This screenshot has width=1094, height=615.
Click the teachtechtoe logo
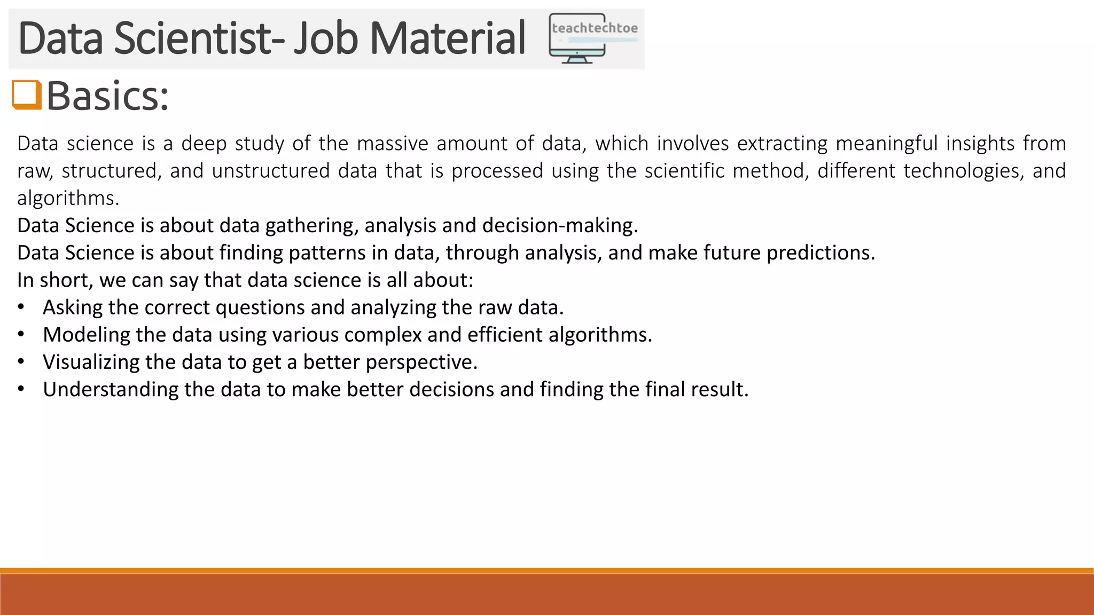[x=593, y=38]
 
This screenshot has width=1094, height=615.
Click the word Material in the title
[x=448, y=38]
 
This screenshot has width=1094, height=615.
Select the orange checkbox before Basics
[x=27, y=95]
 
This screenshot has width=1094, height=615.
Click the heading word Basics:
[x=107, y=96]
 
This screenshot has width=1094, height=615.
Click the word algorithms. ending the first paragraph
[x=68, y=199]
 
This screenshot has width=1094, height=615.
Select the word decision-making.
[x=560, y=226]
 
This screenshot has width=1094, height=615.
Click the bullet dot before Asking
[x=21, y=308]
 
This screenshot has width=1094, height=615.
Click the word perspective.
[x=421, y=362]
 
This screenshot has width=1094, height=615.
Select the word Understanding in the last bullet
[x=111, y=390]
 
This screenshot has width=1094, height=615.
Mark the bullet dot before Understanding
[x=21, y=390]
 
